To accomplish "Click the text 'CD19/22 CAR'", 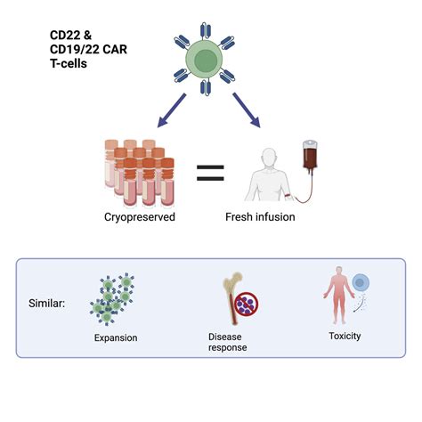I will [x=87, y=50].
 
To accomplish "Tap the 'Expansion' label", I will [x=116, y=337].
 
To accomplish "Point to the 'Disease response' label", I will [x=229, y=342].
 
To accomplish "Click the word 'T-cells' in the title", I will [x=69, y=64].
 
